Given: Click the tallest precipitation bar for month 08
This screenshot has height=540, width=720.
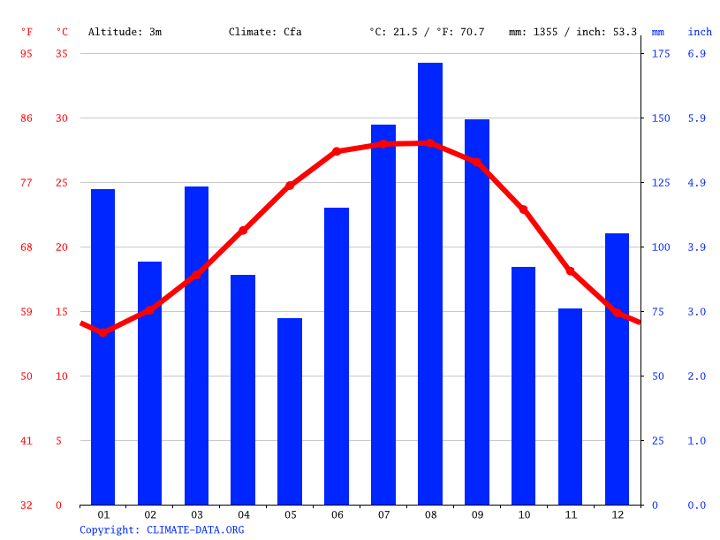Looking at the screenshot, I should click(x=430, y=283).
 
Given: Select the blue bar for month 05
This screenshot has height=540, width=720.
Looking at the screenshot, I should click(x=290, y=411).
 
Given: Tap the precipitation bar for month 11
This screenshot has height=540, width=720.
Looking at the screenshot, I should click(x=571, y=407).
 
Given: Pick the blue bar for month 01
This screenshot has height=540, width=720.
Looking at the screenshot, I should click(x=103, y=346).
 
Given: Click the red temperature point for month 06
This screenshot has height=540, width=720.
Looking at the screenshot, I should click(x=337, y=151).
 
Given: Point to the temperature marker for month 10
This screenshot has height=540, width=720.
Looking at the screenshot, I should click(x=524, y=209).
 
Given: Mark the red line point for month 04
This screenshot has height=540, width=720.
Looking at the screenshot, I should click(x=243, y=231).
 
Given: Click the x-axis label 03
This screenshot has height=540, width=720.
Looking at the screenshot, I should click(x=197, y=514).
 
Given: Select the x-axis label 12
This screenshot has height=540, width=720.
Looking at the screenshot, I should click(x=618, y=514).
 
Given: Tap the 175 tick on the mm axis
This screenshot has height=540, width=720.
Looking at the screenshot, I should click(x=661, y=54).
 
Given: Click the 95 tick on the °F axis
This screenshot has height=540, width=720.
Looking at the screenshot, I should click(x=27, y=54).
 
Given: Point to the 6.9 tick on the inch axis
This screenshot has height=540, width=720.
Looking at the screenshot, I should click(x=697, y=54).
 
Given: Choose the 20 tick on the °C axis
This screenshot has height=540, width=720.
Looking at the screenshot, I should click(x=62, y=247).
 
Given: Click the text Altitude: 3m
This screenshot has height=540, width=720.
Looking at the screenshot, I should click(x=125, y=32).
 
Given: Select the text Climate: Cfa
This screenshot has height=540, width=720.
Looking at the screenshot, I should click(x=265, y=32).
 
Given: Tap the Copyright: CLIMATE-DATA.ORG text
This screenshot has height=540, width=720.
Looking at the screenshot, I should click(x=162, y=529).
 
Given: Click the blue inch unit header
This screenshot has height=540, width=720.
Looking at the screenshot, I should click(x=700, y=32).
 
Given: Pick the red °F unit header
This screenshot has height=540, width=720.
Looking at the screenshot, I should click(x=27, y=32).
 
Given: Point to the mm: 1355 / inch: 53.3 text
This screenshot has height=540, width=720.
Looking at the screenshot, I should click(x=572, y=32).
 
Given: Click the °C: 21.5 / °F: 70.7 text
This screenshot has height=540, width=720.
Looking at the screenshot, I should click(x=427, y=32).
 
